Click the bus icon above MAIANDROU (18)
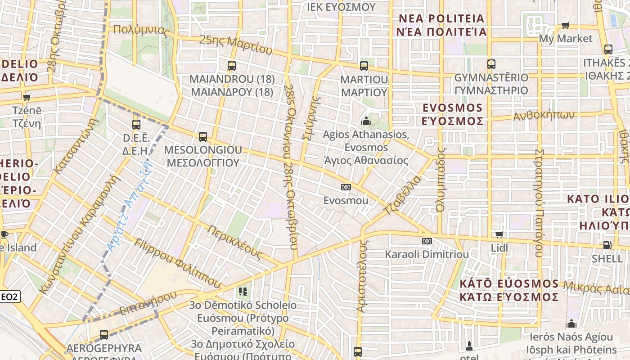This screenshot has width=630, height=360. tap(232, 66)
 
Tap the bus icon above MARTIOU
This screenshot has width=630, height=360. tap(364, 66)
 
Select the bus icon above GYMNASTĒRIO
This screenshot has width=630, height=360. tap(491, 64)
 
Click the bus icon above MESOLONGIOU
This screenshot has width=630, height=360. tap(203, 136)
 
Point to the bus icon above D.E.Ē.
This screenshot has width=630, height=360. tap(136, 124)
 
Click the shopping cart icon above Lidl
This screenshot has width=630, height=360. tap(499, 234)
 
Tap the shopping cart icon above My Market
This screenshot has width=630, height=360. tap(566, 25)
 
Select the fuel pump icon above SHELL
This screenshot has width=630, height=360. tap(607, 245)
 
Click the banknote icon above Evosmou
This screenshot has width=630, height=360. tap(346, 187)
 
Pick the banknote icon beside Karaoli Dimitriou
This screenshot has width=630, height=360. tap(427, 241)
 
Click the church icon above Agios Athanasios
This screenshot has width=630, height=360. tap(366, 121)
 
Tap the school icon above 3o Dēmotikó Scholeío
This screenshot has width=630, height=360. tap(243, 292)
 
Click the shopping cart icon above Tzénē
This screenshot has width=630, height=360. tap(27, 97)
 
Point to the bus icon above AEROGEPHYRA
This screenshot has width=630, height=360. tap(104, 334)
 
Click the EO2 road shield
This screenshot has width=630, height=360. tap(9, 297)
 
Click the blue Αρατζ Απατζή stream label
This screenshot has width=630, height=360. tap(130, 207)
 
